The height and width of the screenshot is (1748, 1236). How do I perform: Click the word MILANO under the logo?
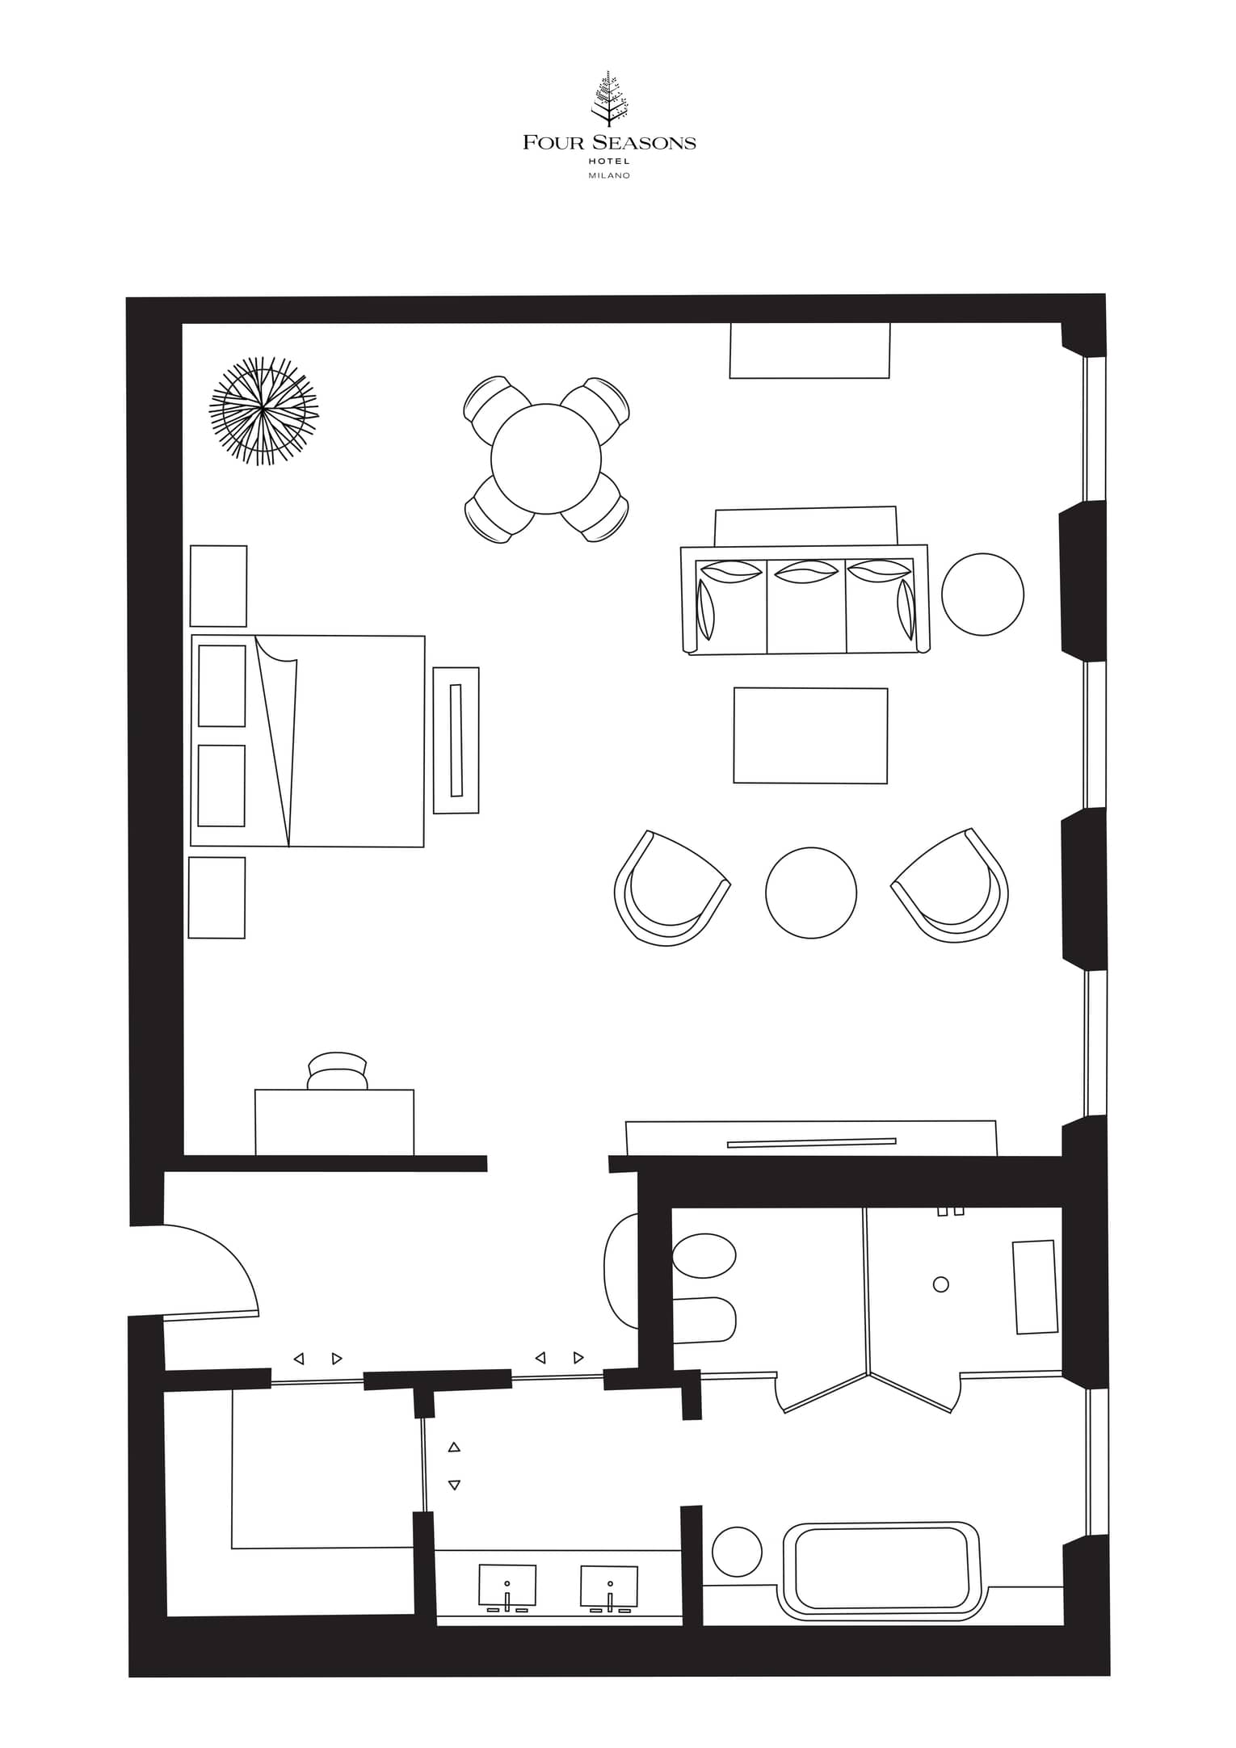pos(609,175)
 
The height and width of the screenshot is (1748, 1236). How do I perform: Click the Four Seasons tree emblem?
pos(608,101)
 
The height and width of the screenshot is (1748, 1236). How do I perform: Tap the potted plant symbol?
pos(263,411)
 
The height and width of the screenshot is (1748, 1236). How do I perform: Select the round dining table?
pos(546,459)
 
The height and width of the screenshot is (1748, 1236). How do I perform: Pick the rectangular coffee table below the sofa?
pos(810,735)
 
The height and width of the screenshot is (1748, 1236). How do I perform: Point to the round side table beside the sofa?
pos(983,594)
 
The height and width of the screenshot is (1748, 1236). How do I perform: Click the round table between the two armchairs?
pos(810,893)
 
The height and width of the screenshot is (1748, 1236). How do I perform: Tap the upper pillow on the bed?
pos(222,686)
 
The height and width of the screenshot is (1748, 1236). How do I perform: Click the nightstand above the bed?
pos(218,586)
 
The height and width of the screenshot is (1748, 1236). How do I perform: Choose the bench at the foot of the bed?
pos(456,740)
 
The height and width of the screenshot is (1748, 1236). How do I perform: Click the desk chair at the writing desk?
pos(338,1071)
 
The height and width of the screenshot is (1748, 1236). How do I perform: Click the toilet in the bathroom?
pos(704,1255)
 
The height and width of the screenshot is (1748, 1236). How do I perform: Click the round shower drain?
pos(940,1284)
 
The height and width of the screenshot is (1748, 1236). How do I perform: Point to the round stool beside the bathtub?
pos(737,1551)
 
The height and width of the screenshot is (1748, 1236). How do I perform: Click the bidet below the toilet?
pos(704,1320)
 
